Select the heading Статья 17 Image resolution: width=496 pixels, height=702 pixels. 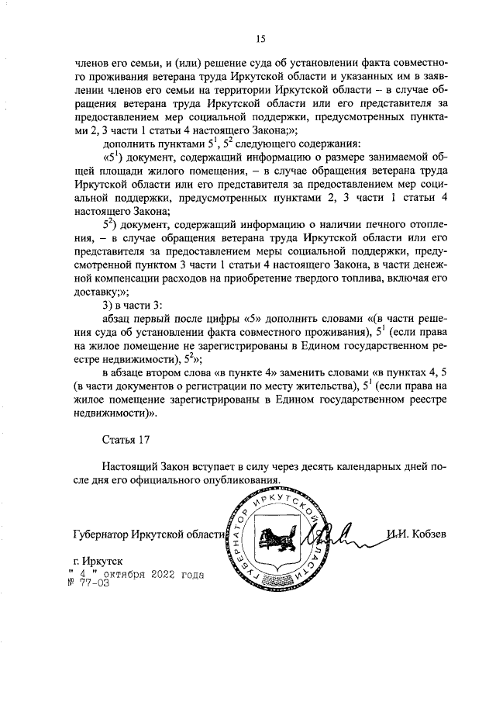(125, 440)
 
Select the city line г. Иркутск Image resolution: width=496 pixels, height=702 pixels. (97, 560)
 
